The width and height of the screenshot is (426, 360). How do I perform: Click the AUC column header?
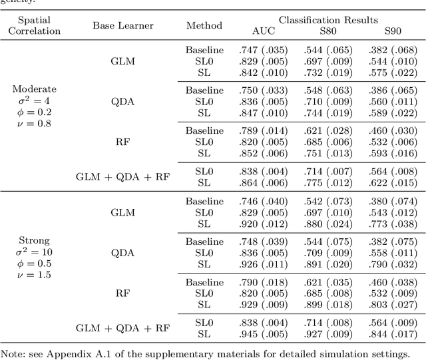point(263,31)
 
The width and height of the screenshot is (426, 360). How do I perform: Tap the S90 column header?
point(393,31)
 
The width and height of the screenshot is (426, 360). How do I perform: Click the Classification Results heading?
point(328,21)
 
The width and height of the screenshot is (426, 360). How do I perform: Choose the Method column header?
point(204,26)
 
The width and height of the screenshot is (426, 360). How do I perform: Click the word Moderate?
point(35,89)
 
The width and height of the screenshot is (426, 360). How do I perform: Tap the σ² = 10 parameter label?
point(35,252)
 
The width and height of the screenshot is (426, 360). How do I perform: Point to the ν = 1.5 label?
point(35,275)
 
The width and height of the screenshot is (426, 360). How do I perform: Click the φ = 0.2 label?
point(35,112)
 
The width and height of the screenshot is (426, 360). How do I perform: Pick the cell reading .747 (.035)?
point(263,50)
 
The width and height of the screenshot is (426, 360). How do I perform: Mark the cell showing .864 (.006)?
point(263,182)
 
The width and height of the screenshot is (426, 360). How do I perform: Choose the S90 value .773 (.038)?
point(393,224)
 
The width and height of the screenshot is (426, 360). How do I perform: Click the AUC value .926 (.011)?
point(263,264)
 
